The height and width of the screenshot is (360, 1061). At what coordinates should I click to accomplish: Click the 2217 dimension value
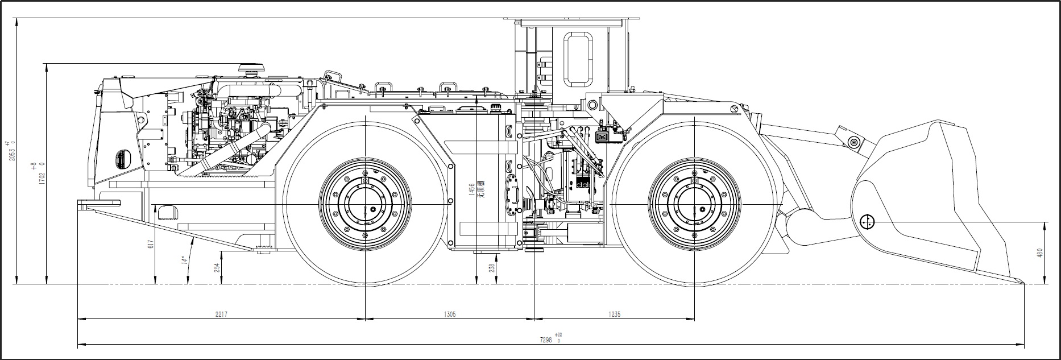point(222,314)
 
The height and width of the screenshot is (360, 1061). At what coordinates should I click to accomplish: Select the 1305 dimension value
point(449,314)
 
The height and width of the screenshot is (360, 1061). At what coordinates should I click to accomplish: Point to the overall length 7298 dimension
point(546,340)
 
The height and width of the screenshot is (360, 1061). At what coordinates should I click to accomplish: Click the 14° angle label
point(184,260)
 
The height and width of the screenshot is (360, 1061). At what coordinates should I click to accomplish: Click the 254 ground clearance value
point(217,267)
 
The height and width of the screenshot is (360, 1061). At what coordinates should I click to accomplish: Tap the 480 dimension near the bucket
point(1040,253)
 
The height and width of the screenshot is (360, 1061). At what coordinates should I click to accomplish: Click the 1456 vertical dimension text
point(471,190)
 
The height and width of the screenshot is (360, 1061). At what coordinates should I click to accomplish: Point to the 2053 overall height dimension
point(11,151)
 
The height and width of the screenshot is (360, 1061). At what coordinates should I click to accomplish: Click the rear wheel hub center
point(364,204)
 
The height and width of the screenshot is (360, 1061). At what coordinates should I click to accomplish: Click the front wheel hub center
point(694,204)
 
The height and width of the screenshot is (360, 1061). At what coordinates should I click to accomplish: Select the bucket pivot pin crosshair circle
point(868,222)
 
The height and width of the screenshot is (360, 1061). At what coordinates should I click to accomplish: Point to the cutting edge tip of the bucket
point(1022,282)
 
